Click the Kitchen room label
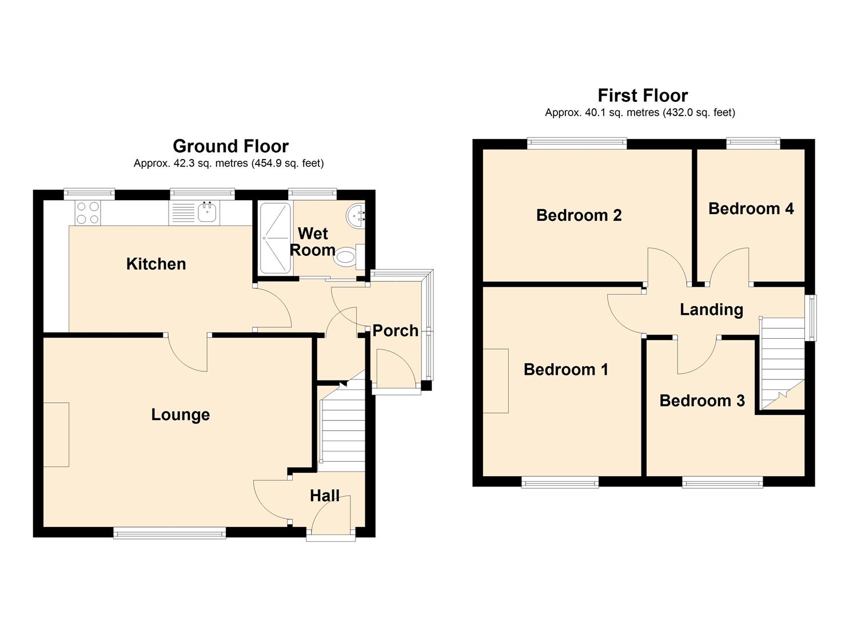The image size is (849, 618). pyautogui.click(x=156, y=264)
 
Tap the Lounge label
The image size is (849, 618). pyautogui.click(x=180, y=415)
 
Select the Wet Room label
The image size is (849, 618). pyautogui.click(x=313, y=241)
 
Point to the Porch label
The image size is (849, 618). pyautogui.click(x=395, y=331)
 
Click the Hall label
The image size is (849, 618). pyautogui.click(x=325, y=496)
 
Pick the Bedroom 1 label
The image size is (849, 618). pyautogui.click(x=565, y=370)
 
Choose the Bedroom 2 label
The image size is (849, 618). pyautogui.click(x=579, y=215)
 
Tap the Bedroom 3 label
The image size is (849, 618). pyautogui.click(x=702, y=401)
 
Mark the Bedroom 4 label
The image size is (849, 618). pyautogui.click(x=751, y=208)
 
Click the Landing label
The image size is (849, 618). pyautogui.click(x=711, y=310)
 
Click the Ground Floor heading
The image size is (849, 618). pyautogui.click(x=230, y=146)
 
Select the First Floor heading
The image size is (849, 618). pyautogui.click(x=643, y=95)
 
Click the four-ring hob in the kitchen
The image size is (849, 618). pyautogui.click(x=87, y=213)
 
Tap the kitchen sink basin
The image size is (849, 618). pyautogui.click(x=207, y=213)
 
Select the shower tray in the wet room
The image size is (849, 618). pyautogui.click(x=276, y=237)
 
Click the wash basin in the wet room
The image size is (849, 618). pyautogui.click(x=356, y=216)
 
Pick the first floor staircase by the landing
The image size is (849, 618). pyautogui.click(x=782, y=363)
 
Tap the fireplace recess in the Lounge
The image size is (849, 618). pyautogui.click(x=56, y=434)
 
